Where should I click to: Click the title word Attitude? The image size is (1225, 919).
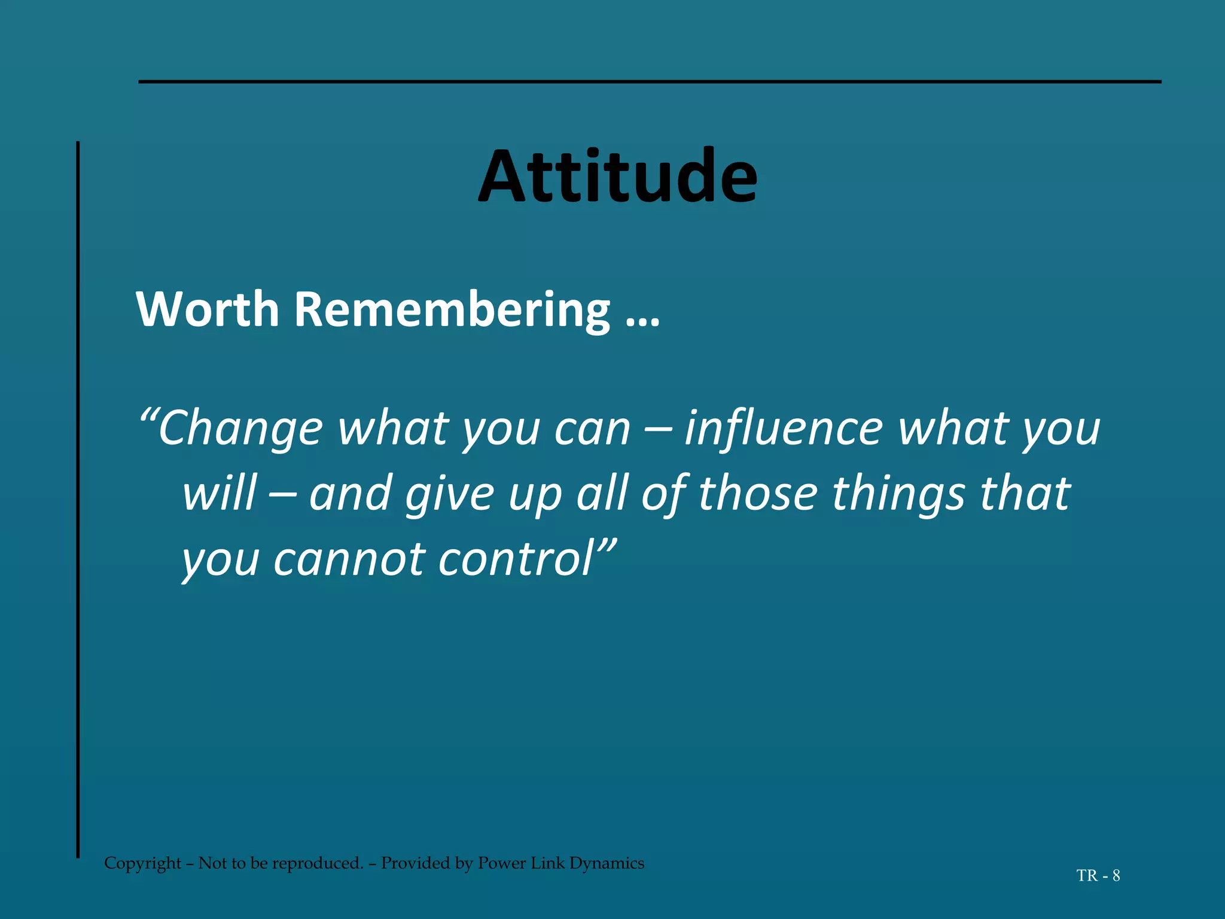tap(618, 177)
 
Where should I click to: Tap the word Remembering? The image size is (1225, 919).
tap(452, 311)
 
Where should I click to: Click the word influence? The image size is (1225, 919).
tap(784, 429)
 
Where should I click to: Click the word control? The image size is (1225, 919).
tap(515, 558)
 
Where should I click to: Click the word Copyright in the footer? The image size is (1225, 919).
tap(142, 863)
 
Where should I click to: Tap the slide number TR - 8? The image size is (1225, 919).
tap(1098, 876)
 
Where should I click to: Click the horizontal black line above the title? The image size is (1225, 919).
tap(650, 81)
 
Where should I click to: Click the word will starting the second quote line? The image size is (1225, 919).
tap(219, 494)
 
